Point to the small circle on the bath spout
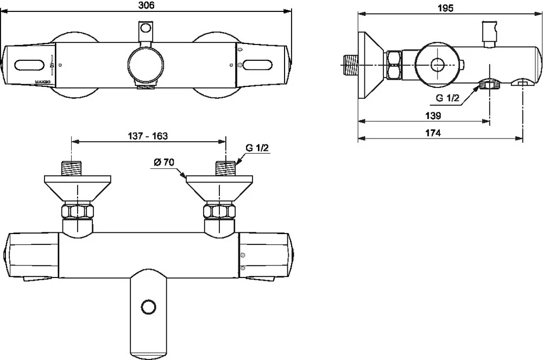tap(147, 307)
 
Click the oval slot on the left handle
tap(30, 65)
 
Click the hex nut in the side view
tap(394, 65)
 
